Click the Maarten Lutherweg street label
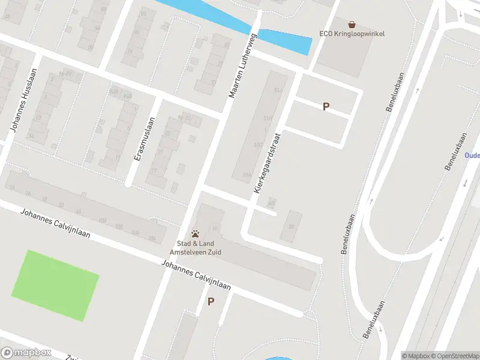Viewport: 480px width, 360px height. coord(242,66)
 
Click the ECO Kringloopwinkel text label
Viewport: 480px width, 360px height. coord(352,34)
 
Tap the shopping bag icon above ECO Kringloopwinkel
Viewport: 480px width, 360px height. coord(352,25)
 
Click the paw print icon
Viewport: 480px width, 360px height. coord(195,234)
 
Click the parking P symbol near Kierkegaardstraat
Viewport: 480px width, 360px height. coord(326,107)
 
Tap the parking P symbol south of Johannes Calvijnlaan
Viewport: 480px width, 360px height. coord(211,302)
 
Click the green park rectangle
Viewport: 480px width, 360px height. coord(55,286)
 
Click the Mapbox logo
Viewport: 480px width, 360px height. coord(26,353)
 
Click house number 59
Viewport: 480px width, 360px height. coord(292,226)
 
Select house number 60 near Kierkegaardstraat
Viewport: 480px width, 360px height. coord(271,202)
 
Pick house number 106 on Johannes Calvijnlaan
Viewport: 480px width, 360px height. coord(151,238)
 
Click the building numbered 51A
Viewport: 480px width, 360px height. coord(246,175)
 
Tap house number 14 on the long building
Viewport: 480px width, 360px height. coord(11,187)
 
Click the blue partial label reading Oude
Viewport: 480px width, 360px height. coord(472,155)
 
